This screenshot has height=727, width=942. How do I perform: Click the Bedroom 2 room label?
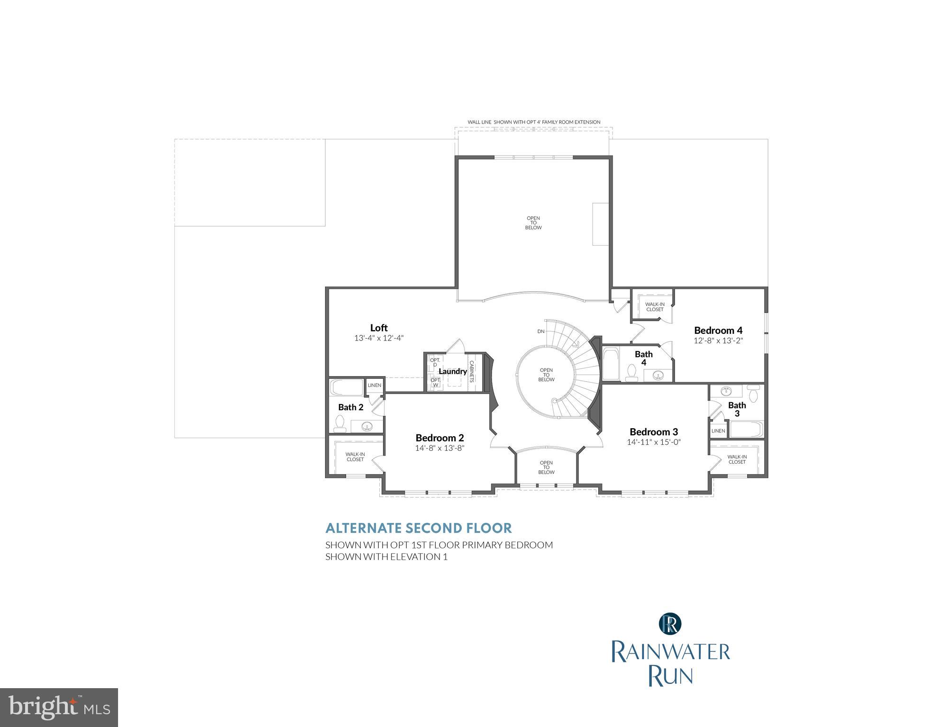point(439,438)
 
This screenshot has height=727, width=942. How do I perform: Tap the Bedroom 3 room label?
point(654,432)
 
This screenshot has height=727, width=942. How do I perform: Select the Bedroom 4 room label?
point(718,331)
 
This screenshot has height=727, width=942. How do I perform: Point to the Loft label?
point(379,328)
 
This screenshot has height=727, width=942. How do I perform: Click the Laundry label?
point(453,371)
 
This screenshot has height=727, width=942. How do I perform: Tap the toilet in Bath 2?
point(339,423)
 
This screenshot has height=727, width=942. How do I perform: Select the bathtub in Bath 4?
point(611,364)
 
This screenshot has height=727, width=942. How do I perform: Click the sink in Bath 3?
point(725,391)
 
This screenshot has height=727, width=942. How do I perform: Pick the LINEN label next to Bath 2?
point(375,386)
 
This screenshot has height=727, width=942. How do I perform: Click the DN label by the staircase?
point(541,332)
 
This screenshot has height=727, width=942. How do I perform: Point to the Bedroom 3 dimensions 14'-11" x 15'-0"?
point(654,442)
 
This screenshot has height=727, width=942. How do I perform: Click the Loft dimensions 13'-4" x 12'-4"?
point(379,338)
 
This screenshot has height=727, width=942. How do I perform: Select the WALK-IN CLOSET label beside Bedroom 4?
point(655,307)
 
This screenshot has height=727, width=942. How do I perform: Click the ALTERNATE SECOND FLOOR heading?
point(419,528)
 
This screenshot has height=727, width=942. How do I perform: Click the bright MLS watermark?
point(59,707)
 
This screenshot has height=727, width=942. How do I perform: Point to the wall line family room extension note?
point(534,122)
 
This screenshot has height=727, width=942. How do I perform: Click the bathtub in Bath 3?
point(745,429)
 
